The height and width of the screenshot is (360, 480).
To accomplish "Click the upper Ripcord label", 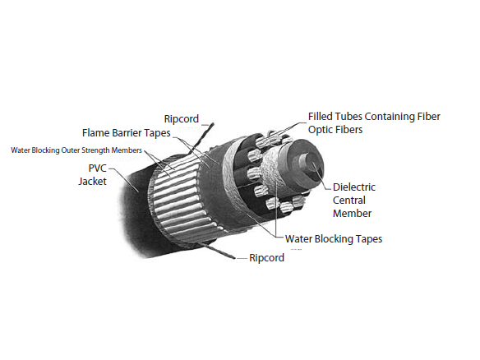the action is (x=181, y=119).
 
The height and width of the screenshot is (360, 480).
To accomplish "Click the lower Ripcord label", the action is (x=266, y=258).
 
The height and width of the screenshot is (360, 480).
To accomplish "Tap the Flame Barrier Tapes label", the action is (x=126, y=133).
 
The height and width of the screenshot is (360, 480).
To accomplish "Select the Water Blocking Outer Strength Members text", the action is (x=76, y=150).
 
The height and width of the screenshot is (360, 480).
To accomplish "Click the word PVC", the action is (x=97, y=168).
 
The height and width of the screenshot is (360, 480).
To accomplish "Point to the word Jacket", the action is (x=92, y=181).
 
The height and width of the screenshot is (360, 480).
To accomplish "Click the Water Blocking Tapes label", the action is (x=334, y=239).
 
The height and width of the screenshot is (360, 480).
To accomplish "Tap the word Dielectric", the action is (x=354, y=187).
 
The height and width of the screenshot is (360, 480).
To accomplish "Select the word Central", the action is (x=349, y=201).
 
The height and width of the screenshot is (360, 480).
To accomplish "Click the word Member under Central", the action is (x=352, y=214).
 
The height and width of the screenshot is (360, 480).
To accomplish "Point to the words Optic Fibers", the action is (x=335, y=130).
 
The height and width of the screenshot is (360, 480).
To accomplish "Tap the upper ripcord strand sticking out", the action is (x=201, y=138).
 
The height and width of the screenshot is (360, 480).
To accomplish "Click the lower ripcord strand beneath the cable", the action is (x=217, y=251).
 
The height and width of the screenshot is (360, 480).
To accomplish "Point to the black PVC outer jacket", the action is (x=135, y=208).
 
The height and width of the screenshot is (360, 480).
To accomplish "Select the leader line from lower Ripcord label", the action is (x=241, y=258).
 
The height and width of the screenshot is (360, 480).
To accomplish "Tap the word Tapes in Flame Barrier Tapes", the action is (x=157, y=133).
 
